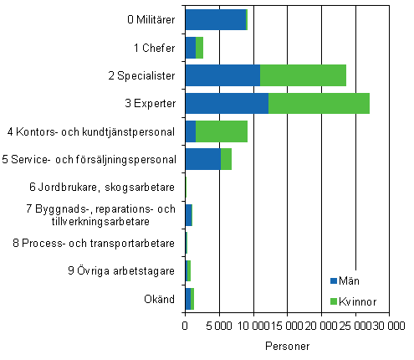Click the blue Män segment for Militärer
click(x=215, y=19)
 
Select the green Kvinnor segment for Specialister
click(x=303, y=75)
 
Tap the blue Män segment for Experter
click(x=227, y=104)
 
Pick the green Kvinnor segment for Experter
click(x=319, y=104)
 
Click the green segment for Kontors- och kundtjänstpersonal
click(x=222, y=131)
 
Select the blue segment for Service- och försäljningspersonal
click(x=202, y=159)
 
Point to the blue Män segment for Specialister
click(x=222, y=75)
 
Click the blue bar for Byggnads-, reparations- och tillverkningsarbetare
click(x=188, y=215)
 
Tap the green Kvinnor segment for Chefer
click(x=199, y=48)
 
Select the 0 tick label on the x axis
click(x=185, y=326)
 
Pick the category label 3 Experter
click(x=148, y=104)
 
